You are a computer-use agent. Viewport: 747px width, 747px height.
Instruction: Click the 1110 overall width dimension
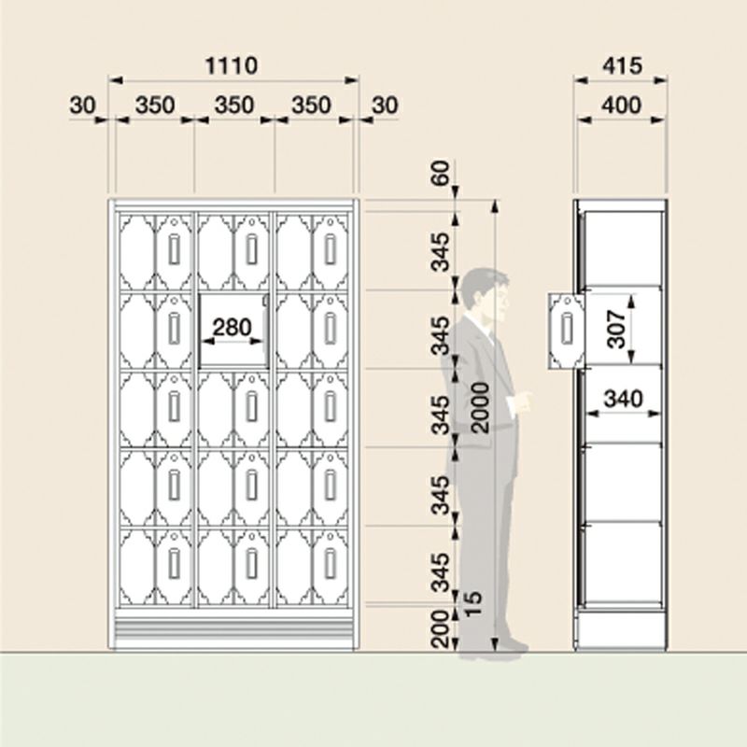tap(231, 65)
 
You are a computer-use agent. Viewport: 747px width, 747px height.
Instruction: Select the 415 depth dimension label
tap(622, 65)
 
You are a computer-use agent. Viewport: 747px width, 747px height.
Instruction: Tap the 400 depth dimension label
tap(621, 105)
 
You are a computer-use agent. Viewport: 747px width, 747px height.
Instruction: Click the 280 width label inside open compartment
tap(232, 328)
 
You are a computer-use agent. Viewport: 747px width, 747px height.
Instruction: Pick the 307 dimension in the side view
tap(616, 330)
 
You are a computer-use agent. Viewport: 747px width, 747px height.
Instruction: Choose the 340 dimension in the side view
tap(623, 399)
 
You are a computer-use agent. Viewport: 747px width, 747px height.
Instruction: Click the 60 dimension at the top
tap(441, 174)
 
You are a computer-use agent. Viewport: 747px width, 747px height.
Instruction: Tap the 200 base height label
tap(440, 628)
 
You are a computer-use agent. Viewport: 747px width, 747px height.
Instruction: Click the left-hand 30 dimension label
tap(82, 105)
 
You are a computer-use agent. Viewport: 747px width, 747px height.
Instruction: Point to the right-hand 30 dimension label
tap(385, 105)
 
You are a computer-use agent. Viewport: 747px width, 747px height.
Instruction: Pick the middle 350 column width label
tap(234, 105)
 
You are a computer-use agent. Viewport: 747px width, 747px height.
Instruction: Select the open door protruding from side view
tap(565, 331)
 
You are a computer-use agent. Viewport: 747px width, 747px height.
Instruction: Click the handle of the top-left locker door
tap(174, 249)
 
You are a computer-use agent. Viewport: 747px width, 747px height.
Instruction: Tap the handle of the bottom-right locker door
tap(331, 564)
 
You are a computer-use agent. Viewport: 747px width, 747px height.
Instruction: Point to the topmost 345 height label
tap(440, 251)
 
